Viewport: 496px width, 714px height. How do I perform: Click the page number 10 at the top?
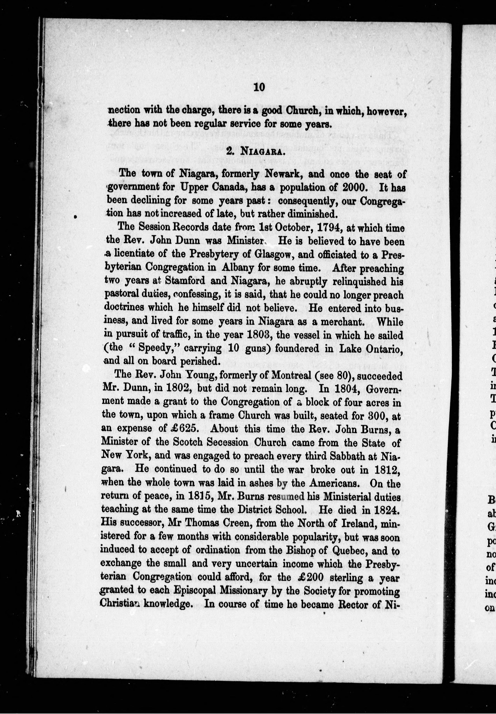tap(259, 87)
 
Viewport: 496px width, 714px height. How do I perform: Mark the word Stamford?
tap(185, 281)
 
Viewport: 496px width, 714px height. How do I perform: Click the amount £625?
tap(183, 429)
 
